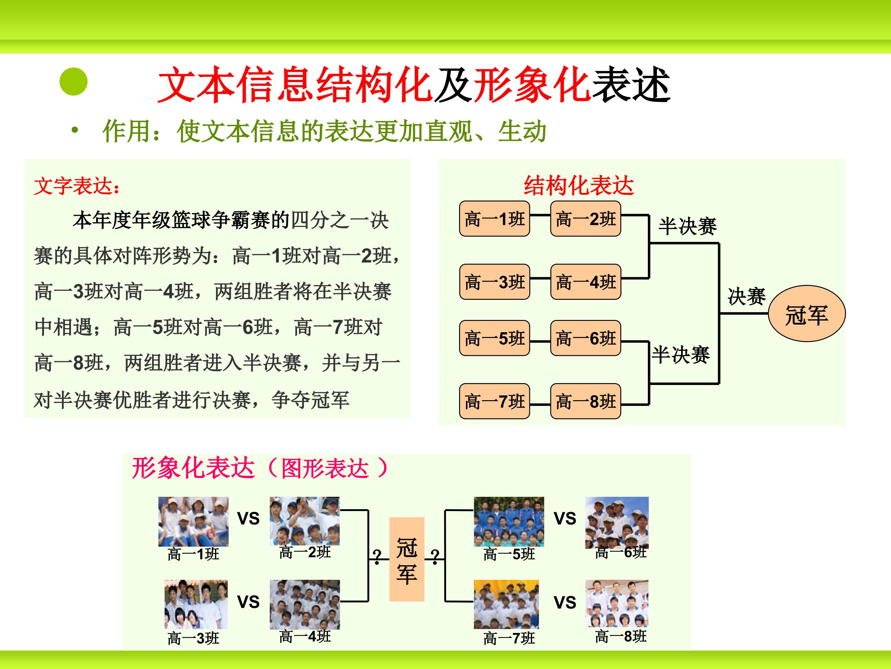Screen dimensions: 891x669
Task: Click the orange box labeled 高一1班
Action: point(494,219)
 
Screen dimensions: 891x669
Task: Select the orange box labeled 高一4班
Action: point(586,282)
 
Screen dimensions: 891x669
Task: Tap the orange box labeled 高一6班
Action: point(586,338)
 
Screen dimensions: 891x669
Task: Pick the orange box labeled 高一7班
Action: point(494,401)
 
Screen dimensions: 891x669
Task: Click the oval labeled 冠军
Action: point(807,314)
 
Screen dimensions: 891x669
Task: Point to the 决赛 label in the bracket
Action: point(747,296)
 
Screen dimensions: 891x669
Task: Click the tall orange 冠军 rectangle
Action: point(407,559)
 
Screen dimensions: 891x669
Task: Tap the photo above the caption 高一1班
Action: point(193,521)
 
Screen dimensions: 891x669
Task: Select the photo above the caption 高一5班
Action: point(509,521)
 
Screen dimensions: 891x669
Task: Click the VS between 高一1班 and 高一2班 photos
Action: point(248,518)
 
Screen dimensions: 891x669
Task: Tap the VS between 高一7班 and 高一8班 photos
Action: point(565,602)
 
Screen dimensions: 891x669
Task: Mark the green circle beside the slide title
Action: point(73,82)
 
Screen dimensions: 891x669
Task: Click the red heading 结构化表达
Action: point(579,186)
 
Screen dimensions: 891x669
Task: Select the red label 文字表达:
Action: point(76,186)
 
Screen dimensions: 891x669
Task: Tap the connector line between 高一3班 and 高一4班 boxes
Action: point(540,278)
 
